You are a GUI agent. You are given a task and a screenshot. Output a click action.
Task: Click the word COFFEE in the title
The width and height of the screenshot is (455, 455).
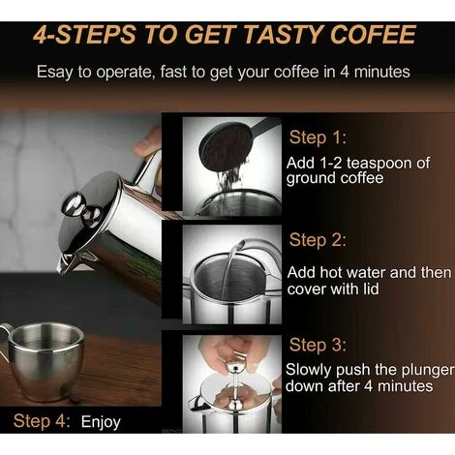tap(368, 36)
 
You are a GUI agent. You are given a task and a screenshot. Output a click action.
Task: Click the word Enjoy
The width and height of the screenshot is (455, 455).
tap(101, 421)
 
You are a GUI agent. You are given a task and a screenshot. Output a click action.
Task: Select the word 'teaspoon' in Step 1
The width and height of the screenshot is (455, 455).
tap(379, 163)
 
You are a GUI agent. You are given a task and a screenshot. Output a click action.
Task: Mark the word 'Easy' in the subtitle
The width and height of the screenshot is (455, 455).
tap(56, 72)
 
